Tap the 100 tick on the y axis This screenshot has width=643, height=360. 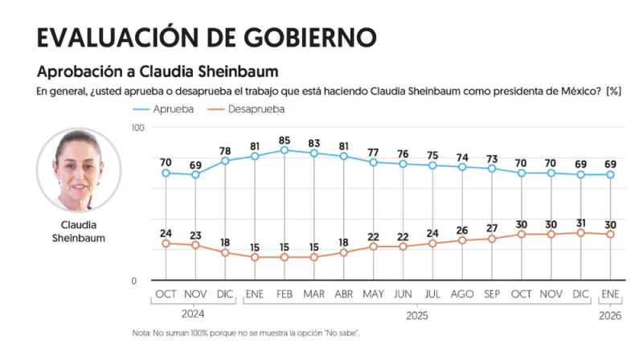click(x=137, y=128)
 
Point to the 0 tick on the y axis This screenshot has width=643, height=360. click(x=134, y=280)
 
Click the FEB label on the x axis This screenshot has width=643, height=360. click(x=284, y=295)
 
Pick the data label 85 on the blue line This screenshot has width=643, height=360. click(x=285, y=140)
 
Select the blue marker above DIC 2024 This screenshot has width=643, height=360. click(x=225, y=161)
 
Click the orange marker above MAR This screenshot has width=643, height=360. click(x=313, y=257)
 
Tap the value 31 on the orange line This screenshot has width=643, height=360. click(x=580, y=222)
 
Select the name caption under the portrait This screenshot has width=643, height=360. click(x=79, y=232)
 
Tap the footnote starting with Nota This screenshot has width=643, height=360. click(x=246, y=333)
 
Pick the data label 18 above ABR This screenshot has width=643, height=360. click(x=343, y=242)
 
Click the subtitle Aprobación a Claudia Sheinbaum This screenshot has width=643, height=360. click(x=158, y=72)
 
